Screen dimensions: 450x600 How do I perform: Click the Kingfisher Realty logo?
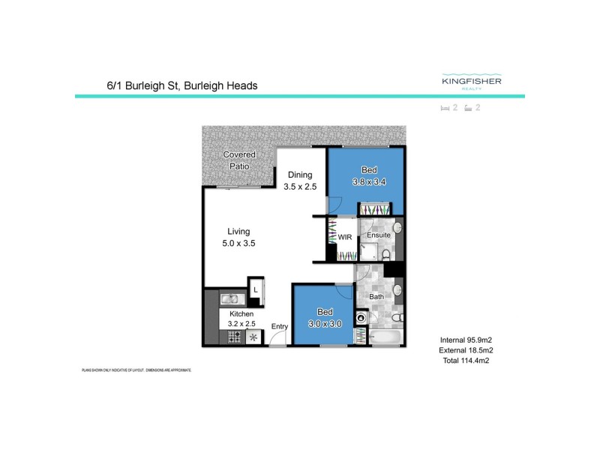pos(472,82)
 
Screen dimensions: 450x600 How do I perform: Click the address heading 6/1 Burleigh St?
pos(182,85)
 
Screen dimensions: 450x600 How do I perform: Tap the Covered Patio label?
pos(239,160)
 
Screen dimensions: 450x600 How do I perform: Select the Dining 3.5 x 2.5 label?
pos(298,181)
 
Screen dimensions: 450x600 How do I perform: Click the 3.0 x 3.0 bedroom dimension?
pos(325,323)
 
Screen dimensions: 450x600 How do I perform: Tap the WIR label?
pos(345,237)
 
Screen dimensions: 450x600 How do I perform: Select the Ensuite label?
pos(378,235)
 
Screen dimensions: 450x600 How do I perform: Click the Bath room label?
pos(376,297)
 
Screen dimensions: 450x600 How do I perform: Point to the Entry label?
pos(280,326)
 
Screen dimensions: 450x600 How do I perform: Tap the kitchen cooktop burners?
pos(234,337)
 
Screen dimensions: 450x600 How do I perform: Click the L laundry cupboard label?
pos(256,289)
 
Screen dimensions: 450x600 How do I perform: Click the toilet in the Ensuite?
pos(386,255)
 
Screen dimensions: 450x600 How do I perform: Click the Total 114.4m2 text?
pos(466,361)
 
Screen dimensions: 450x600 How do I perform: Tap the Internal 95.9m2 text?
pos(466,340)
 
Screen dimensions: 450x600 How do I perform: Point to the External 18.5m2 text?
pos(466,350)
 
